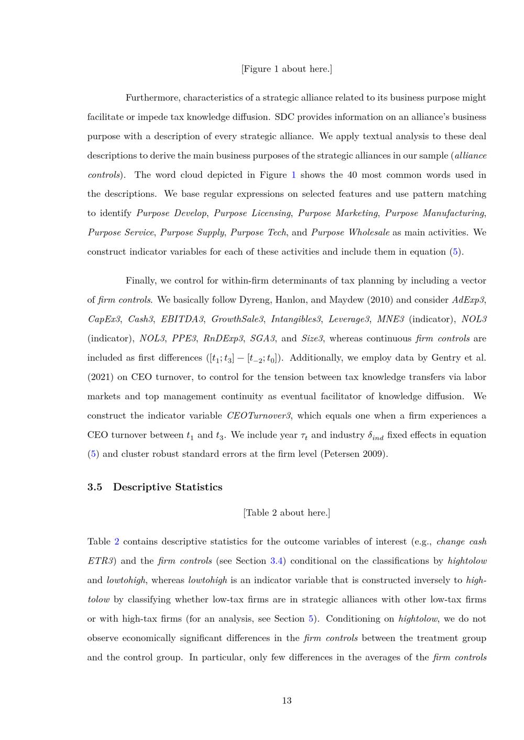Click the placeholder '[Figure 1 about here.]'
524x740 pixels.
coord(287,69)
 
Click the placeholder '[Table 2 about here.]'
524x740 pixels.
coord(287,513)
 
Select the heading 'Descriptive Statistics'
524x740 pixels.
coord(168,487)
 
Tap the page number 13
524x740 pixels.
coord(287,701)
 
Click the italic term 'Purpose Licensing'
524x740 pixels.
coord(252,213)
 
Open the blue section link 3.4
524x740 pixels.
coord(277,561)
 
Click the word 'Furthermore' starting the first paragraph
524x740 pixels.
coord(152,98)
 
